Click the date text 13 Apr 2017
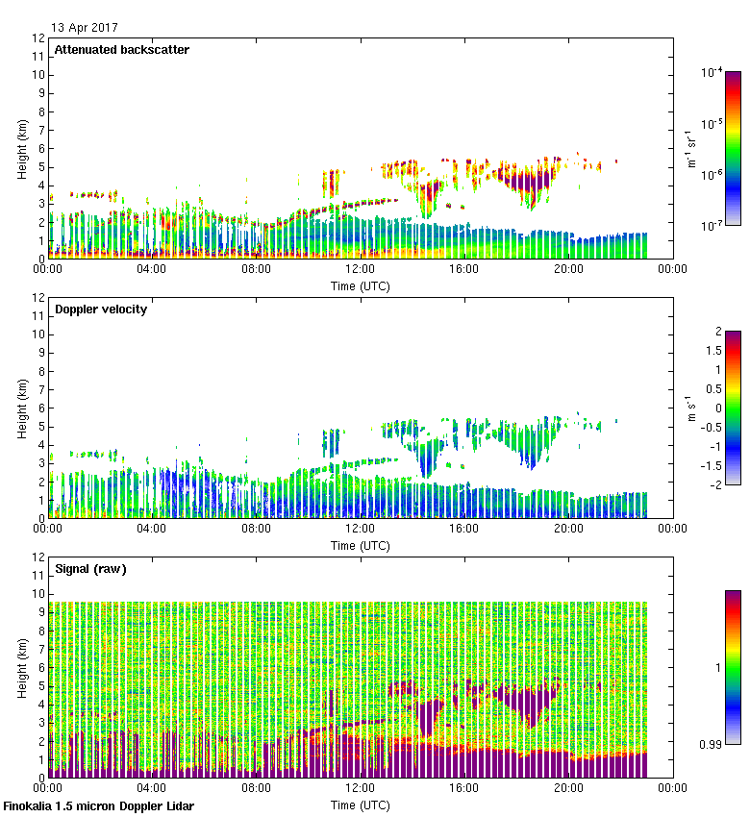(85, 27)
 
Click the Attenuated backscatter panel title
(121, 50)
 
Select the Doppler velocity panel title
(101, 309)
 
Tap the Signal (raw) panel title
(90, 569)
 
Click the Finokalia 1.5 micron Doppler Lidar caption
(99, 806)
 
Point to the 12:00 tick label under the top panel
(360, 269)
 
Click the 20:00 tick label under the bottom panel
(568, 788)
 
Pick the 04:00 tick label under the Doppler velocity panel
(152, 529)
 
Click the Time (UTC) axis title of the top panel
(360, 285)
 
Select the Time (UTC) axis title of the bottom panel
(360, 805)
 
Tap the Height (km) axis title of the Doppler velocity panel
(22, 408)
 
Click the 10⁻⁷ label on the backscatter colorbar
(712, 227)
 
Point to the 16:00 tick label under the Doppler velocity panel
(464, 529)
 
